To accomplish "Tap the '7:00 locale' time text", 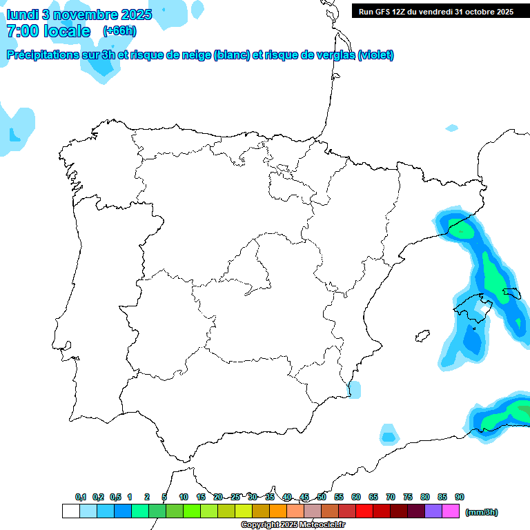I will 48,31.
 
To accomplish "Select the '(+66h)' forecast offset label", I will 119,31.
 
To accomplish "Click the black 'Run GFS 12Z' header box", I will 435,12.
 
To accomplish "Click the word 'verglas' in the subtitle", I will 333,55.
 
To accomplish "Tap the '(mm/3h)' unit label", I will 481,512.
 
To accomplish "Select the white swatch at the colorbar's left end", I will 70,511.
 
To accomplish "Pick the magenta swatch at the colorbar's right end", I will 451,511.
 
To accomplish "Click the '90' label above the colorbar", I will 460,497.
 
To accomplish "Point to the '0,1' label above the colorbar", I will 81,497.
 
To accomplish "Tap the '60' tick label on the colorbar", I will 356,497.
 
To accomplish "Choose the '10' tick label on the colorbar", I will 184,497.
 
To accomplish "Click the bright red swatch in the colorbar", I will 364,511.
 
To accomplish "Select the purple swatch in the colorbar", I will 433,511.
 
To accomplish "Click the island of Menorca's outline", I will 511,293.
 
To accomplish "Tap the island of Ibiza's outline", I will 421,336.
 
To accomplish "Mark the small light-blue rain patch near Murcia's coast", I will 354,389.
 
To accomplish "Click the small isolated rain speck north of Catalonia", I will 452,128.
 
